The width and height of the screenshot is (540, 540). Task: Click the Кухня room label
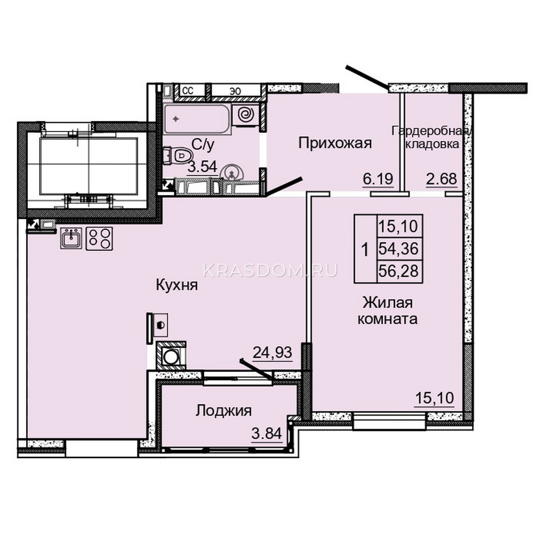(x=177, y=285)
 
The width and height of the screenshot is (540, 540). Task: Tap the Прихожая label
(x=335, y=143)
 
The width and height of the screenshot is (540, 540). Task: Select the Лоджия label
(x=224, y=411)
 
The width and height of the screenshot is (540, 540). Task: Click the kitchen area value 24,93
(x=272, y=352)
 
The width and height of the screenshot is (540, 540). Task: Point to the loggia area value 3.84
(x=267, y=433)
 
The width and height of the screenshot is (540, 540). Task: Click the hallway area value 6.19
(x=378, y=179)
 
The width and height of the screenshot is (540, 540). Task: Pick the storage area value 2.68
(x=442, y=179)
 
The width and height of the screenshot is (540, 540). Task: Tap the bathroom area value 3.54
(x=202, y=167)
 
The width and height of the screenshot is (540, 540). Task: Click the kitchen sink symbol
(x=71, y=238)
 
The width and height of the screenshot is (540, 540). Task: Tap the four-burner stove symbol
(x=99, y=239)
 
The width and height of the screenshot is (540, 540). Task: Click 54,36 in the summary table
(x=399, y=249)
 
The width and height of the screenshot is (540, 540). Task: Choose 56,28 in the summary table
(x=399, y=271)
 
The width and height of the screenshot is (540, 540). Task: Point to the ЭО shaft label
(x=236, y=91)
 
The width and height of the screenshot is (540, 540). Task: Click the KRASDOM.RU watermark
(x=270, y=270)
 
